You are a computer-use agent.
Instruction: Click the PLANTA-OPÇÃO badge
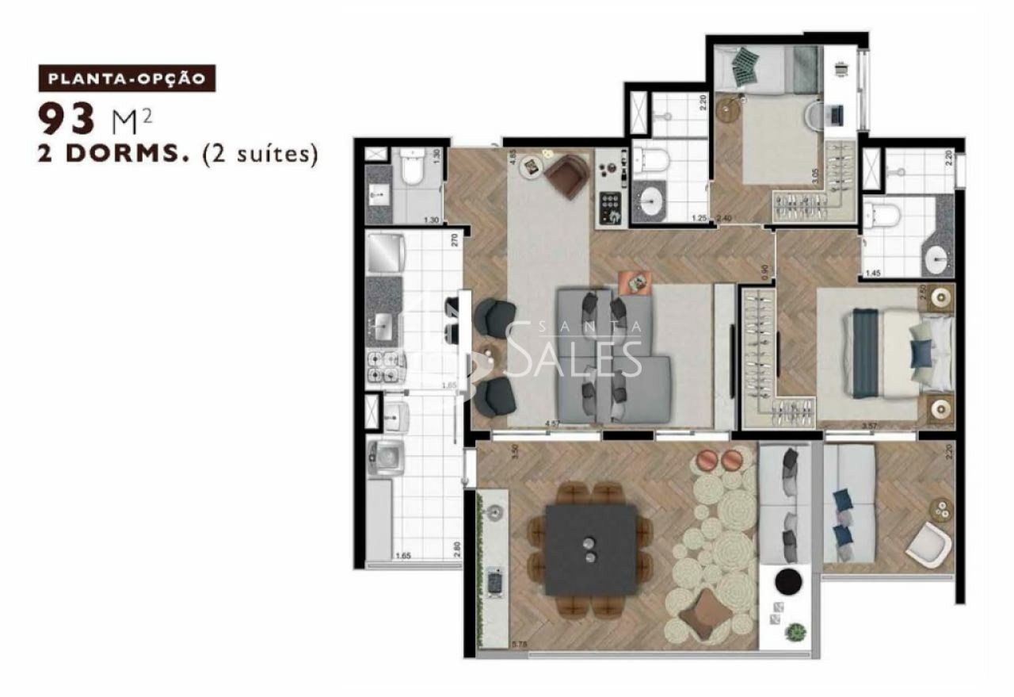(x=127, y=79)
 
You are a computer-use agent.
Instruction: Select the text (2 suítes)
(x=261, y=154)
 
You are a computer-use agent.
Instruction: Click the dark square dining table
(x=590, y=550)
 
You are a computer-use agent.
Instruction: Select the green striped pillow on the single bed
(x=745, y=66)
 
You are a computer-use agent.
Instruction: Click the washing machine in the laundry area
(x=385, y=458)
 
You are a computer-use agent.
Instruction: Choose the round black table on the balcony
(x=788, y=582)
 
